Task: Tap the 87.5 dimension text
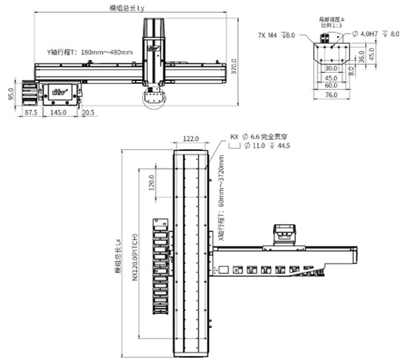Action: pos(31,112)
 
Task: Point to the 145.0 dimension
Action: pos(60,112)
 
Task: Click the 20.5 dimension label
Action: pos(88,112)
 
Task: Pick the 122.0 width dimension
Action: pos(191,139)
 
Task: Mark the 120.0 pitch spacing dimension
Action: pos(152,184)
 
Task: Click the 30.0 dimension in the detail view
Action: pos(330,68)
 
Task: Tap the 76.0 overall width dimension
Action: pos(329,94)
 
